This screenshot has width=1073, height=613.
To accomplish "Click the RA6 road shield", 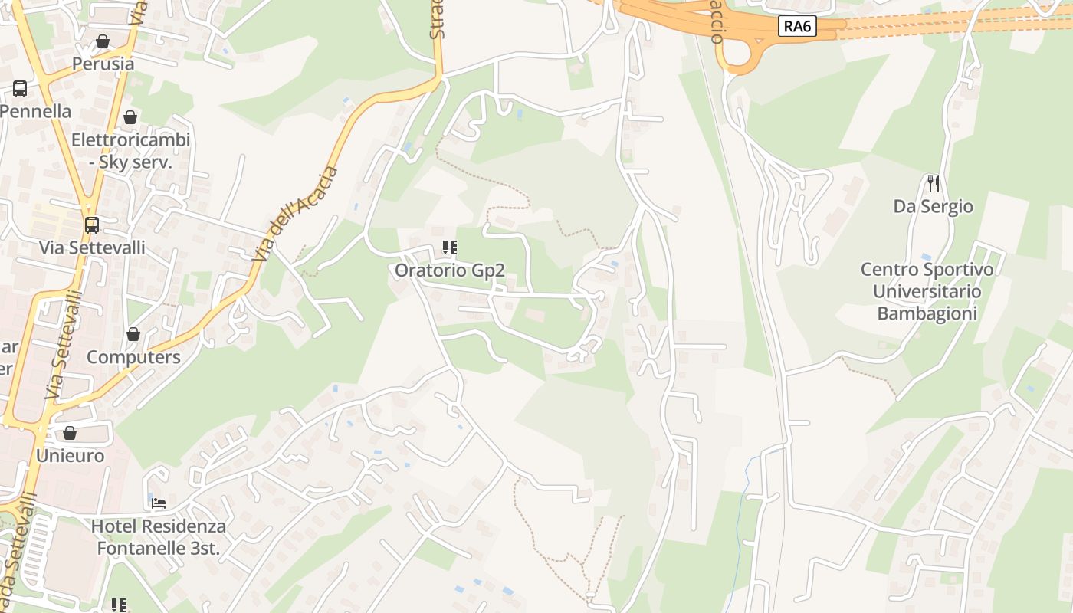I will coord(797,27).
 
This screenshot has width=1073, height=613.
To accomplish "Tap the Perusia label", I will coord(103,64).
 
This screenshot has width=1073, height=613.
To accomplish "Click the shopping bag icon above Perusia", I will coord(103,41).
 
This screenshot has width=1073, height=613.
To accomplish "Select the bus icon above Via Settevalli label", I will coord(92,225).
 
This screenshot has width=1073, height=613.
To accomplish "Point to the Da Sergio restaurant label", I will coord(933,206).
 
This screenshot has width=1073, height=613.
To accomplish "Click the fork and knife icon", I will coord(933,184).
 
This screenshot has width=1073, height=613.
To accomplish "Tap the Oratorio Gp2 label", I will coord(449,270).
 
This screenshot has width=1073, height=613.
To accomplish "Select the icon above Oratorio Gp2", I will coord(449,247).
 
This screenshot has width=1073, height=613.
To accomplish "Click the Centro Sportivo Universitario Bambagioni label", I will coord(927,292).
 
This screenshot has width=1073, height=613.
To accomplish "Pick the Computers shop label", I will coord(133,357).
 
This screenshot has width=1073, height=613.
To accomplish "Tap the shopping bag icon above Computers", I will coord(133,335).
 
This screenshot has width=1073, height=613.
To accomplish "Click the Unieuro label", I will coord(70,456).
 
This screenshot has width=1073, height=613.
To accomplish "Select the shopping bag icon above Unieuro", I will coord(70,434).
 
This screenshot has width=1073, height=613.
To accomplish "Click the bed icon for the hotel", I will coord(159,503).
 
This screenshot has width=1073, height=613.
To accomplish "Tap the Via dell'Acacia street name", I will coord(296,214).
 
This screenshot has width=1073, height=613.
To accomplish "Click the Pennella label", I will coord(35,111).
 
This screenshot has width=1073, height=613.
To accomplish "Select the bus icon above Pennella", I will coord(20,89).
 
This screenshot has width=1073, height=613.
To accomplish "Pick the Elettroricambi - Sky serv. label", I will coord(130,151).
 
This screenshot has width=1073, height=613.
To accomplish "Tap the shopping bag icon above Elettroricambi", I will coord(130,117).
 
